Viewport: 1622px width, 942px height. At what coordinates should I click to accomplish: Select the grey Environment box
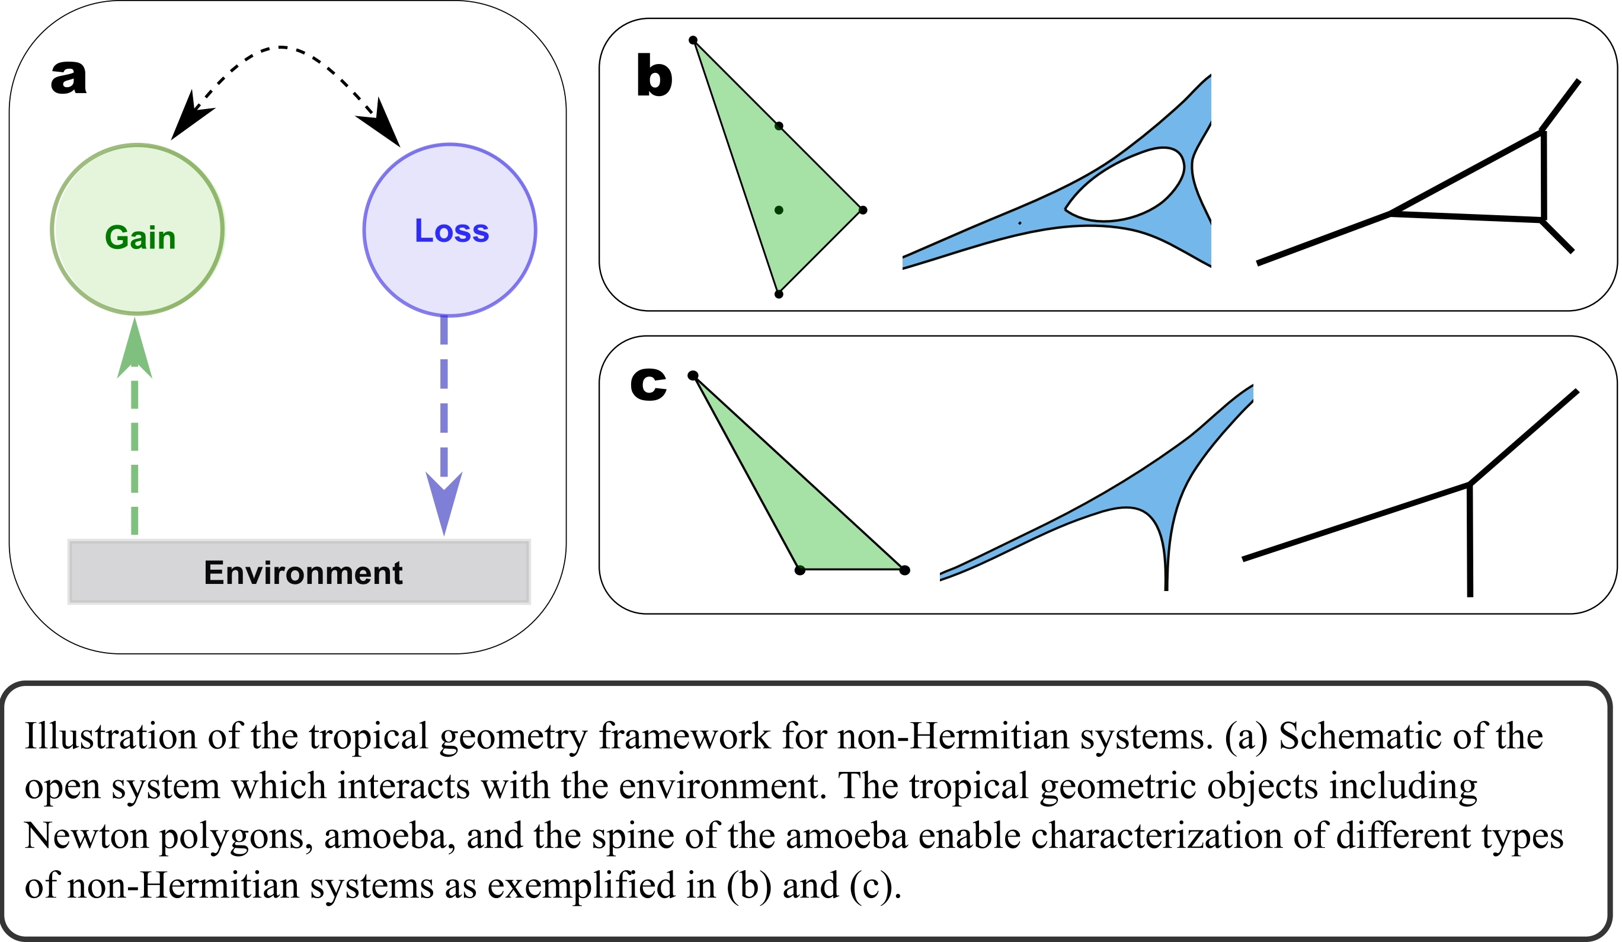click(299, 571)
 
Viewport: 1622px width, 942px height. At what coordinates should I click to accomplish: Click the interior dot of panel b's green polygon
click(779, 210)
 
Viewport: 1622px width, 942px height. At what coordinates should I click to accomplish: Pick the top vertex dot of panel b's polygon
click(693, 40)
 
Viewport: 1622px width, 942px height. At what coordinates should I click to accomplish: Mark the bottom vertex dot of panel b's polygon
click(779, 294)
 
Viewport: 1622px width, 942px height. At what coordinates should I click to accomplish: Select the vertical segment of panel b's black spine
click(1543, 175)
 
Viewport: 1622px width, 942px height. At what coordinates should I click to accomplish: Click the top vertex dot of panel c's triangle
click(693, 375)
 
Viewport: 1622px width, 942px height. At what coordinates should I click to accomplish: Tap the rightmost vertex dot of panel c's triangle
click(905, 570)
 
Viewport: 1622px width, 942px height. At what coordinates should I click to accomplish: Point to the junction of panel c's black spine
click(1470, 484)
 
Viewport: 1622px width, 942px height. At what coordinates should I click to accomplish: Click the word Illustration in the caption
click(110, 736)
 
